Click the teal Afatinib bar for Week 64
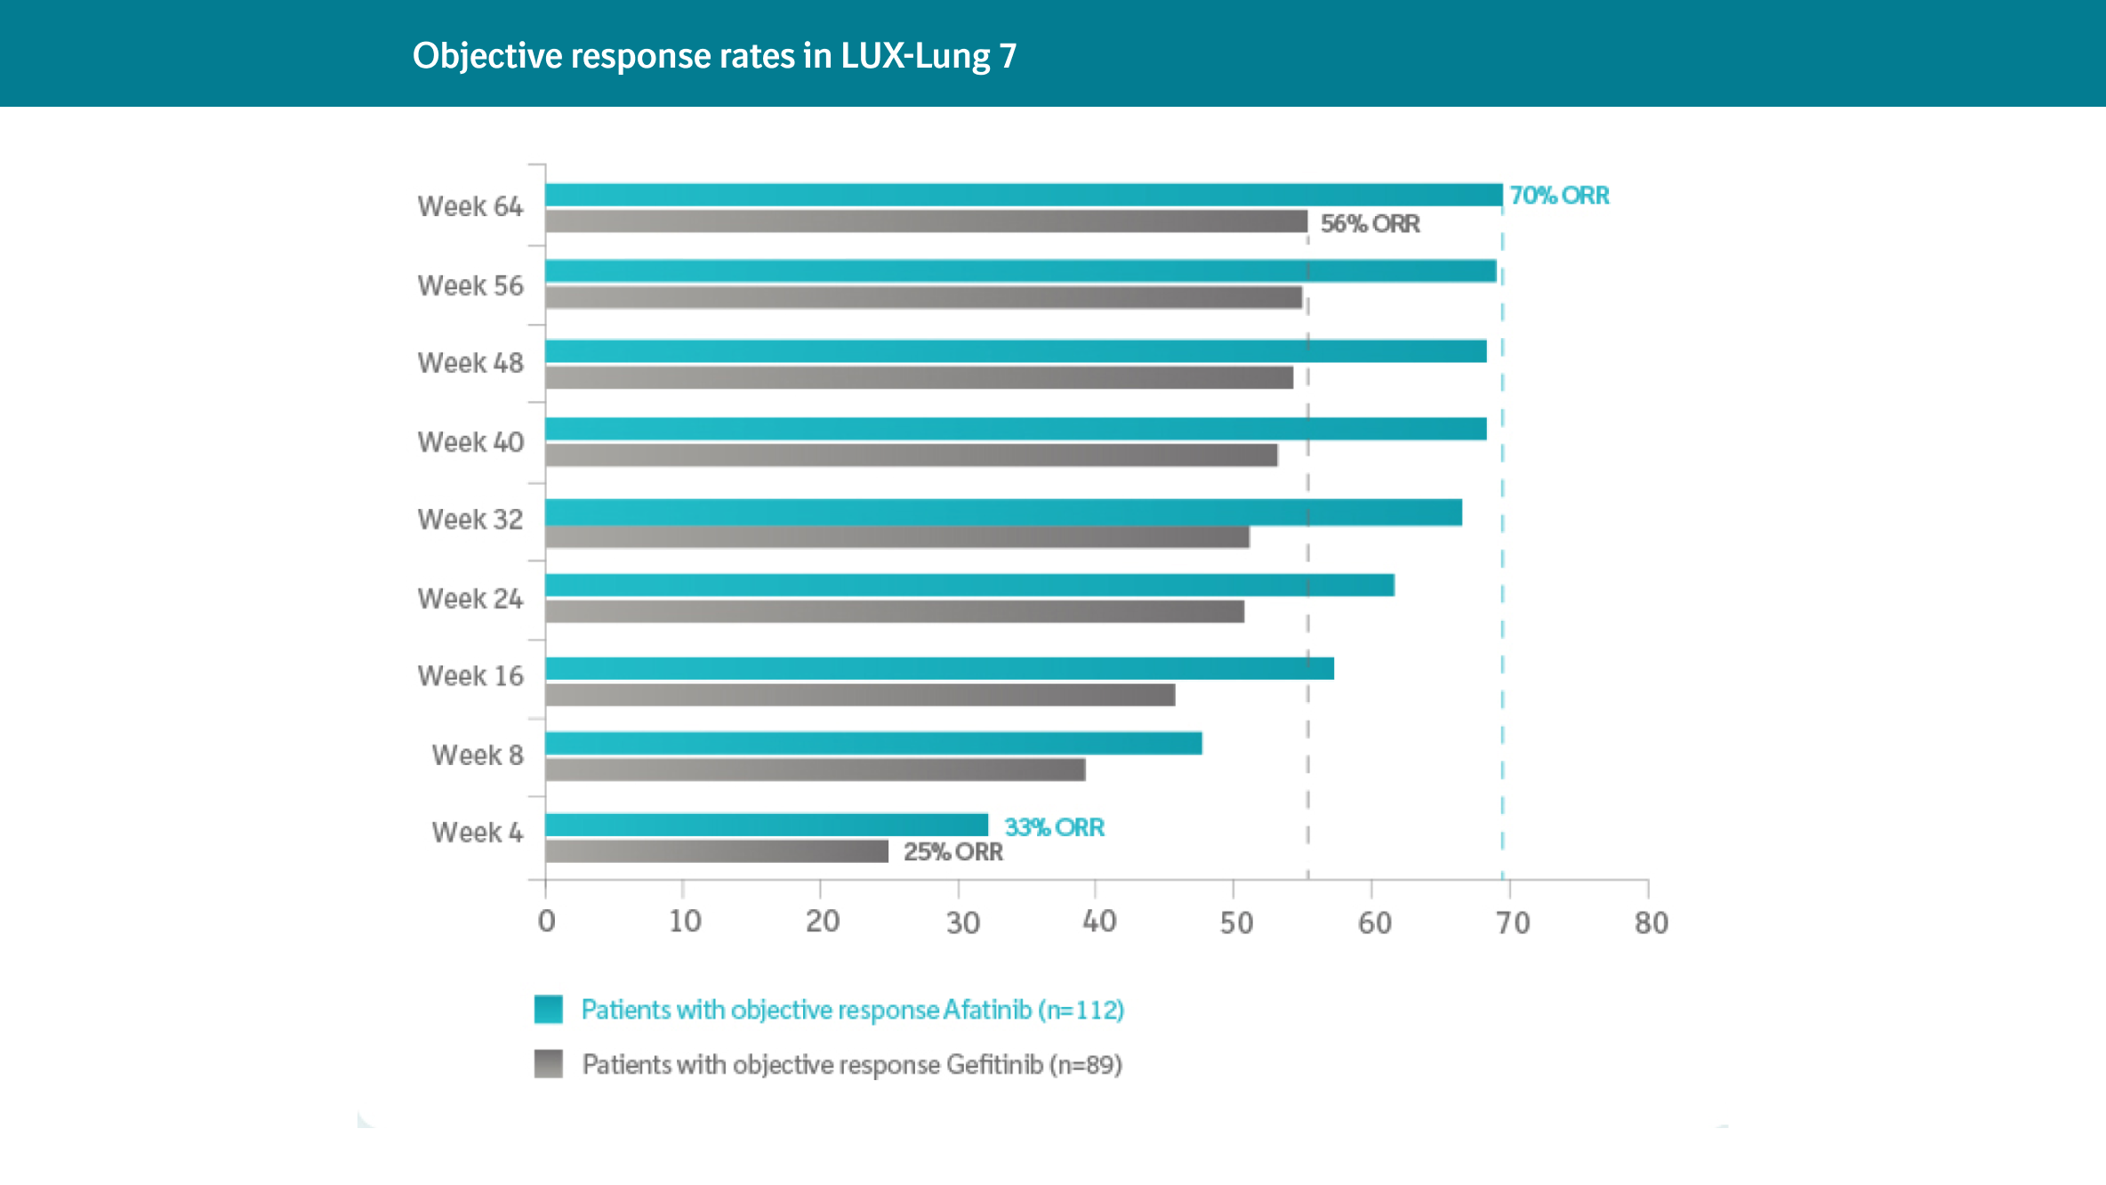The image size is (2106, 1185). click(x=1023, y=195)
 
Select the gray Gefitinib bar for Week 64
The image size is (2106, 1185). click(x=926, y=222)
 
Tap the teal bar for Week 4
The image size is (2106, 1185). click(x=766, y=825)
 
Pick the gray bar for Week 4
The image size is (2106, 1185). click(x=716, y=851)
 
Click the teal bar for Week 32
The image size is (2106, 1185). click(x=1003, y=512)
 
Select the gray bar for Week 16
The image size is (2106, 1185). click(x=860, y=695)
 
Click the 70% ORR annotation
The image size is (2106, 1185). click(x=1559, y=196)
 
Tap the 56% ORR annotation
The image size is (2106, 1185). click(x=1370, y=224)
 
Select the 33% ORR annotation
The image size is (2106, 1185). click(x=1054, y=827)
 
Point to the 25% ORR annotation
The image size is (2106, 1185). click(x=953, y=852)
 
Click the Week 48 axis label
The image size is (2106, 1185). click(x=470, y=363)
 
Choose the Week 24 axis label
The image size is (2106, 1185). click(x=470, y=599)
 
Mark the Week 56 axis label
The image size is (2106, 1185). click(x=470, y=286)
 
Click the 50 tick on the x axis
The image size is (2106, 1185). click(x=1235, y=923)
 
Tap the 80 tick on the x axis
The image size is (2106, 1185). click(x=1651, y=923)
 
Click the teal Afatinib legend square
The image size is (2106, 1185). click(x=549, y=1009)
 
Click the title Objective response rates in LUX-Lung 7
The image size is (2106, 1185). click(x=714, y=55)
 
